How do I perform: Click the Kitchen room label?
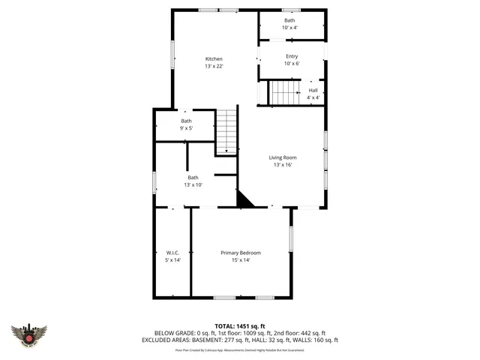(x=214, y=59)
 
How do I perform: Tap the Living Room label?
(x=283, y=157)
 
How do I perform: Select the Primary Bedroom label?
(x=240, y=253)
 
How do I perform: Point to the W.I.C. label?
(x=172, y=253)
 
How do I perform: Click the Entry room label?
(x=292, y=56)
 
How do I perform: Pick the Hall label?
(x=313, y=90)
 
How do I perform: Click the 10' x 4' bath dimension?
(x=289, y=28)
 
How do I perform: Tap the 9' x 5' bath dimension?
(x=186, y=128)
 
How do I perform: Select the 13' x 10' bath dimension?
(x=193, y=184)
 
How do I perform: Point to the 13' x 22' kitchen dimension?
(x=214, y=67)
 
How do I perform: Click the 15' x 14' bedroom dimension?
(x=240, y=260)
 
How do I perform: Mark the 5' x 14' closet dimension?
(x=172, y=260)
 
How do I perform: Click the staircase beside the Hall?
(x=284, y=94)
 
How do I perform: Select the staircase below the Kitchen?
(x=226, y=132)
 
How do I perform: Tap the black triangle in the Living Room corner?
(x=244, y=199)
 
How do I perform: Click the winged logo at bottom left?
(x=29, y=335)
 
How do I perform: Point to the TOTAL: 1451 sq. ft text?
(x=240, y=325)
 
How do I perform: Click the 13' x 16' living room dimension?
(x=283, y=165)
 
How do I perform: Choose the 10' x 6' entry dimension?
(x=292, y=64)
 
